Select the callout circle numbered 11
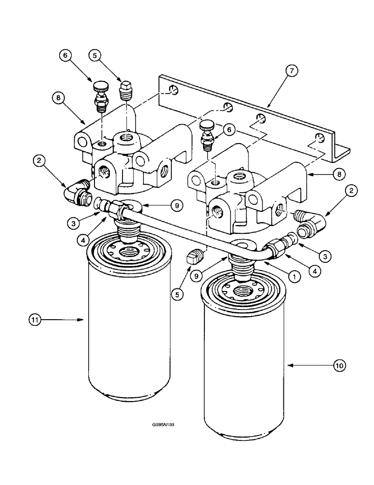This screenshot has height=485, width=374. [35, 320]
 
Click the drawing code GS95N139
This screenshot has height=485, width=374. [163, 424]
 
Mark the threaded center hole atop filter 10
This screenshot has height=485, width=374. [241, 291]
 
